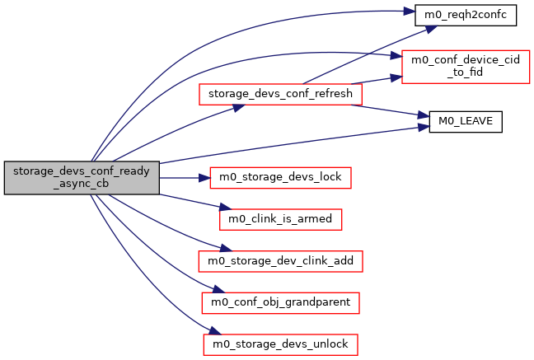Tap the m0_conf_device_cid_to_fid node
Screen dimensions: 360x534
pyautogui.click(x=464, y=65)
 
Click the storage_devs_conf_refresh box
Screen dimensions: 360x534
pyautogui.click(x=279, y=94)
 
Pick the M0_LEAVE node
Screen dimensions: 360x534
pyautogui.click(x=466, y=121)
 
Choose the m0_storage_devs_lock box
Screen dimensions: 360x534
pyautogui.click(x=281, y=177)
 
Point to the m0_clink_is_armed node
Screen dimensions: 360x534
pyautogui.click(x=279, y=219)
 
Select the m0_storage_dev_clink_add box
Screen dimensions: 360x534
pyautogui.click(x=280, y=260)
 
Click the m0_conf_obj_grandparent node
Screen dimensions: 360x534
pyautogui.click(x=279, y=302)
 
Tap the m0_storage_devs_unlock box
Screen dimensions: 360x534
pyautogui.click(x=280, y=344)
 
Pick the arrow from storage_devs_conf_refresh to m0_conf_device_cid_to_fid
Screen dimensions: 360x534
pyautogui.click(x=383, y=82)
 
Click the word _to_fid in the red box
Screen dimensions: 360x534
pyautogui.click(x=465, y=72)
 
